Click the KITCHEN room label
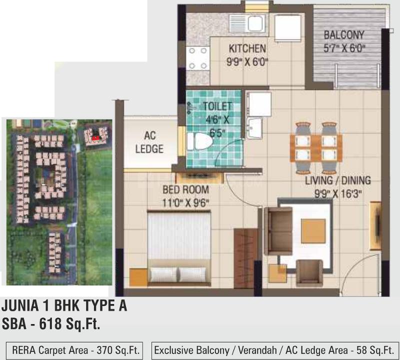pyautogui.click(x=247, y=48)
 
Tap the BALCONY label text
pyautogui.click(x=343, y=35)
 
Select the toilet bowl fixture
pyautogui.click(x=199, y=141)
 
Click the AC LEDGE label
pyautogui.click(x=149, y=141)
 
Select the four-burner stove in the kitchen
pyautogui.click(x=197, y=58)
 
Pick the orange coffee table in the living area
pyautogui.click(x=313, y=231)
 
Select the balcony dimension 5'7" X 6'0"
pyautogui.click(x=343, y=49)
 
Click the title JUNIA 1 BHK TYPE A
pyautogui.click(x=64, y=306)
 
